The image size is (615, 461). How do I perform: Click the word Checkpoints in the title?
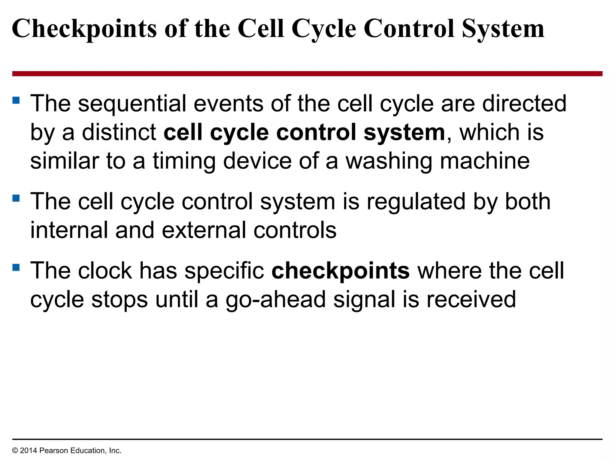pos(84,29)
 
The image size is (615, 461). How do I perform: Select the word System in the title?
pos(503,29)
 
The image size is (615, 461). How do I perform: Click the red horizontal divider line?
pos(307,74)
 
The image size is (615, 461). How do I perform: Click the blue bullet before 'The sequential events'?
pos(16,100)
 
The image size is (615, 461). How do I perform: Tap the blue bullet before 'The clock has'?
pos(16,267)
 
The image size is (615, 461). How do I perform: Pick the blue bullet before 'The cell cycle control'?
pos(16,198)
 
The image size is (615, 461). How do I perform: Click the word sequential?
pos(132,104)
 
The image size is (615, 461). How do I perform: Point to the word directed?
pos(524,103)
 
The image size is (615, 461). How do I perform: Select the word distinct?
pos(119,132)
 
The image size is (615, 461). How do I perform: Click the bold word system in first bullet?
pos(404,133)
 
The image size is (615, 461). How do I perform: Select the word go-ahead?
pos(276,300)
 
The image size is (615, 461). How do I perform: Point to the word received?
pos(471,299)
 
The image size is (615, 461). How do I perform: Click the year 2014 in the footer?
pos(29,450)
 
